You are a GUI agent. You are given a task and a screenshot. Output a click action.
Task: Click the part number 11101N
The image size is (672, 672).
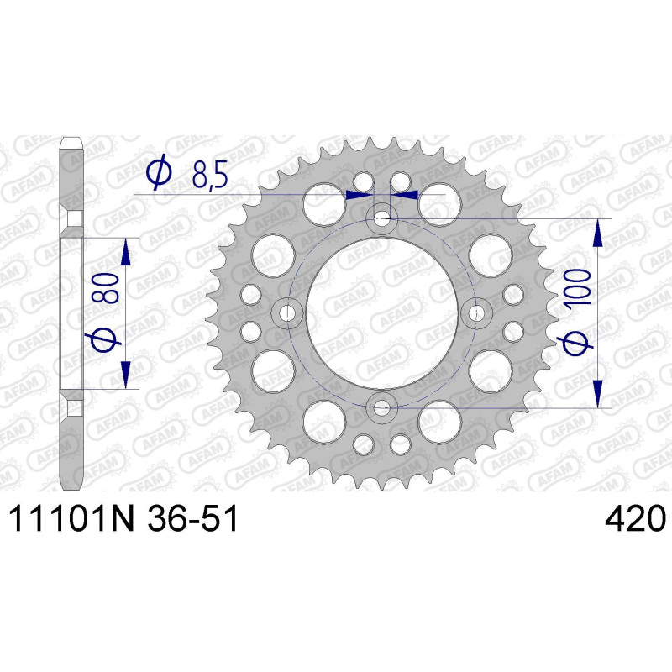pyautogui.click(x=71, y=518)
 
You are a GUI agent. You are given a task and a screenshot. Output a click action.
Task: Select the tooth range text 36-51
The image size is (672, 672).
pyautogui.click(x=192, y=518)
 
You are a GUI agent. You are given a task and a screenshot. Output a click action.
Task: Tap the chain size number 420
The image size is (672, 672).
pyautogui.click(x=635, y=518)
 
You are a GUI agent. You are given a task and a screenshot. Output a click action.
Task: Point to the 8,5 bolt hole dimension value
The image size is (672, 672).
pyautogui.click(x=209, y=176)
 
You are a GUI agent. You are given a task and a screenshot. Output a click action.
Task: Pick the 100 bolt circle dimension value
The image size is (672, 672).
pyautogui.click(x=577, y=287)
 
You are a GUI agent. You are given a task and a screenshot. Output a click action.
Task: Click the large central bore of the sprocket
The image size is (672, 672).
pyautogui.click(x=381, y=313)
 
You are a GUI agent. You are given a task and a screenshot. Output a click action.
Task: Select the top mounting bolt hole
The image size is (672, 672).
pyautogui.click(x=381, y=219)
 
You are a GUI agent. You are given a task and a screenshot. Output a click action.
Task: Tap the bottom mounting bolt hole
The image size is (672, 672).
pyautogui.click(x=381, y=408)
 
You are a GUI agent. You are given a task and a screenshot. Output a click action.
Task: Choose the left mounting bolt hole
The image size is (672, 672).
pyautogui.click(x=287, y=313)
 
